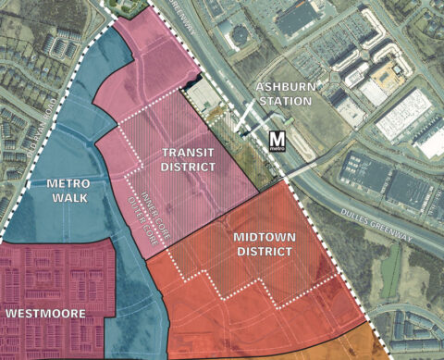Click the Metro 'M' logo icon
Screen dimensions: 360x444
click(277, 142)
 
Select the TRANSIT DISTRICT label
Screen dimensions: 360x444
click(188, 159)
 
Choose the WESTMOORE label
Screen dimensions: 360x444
click(45, 314)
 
